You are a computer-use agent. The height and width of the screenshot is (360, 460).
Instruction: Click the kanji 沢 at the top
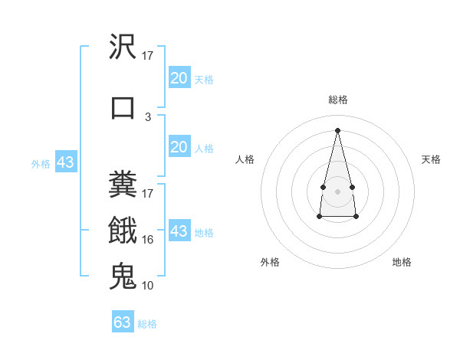point(123,48)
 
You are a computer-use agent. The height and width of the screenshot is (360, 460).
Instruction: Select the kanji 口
point(123,106)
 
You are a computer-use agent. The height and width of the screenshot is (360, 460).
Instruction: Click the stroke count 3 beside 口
point(148,117)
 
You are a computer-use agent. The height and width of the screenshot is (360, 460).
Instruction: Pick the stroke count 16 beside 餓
point(148,240)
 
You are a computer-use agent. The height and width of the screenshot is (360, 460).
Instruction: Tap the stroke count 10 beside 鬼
point(148,286)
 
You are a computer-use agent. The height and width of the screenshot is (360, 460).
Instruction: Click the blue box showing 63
point(123,322)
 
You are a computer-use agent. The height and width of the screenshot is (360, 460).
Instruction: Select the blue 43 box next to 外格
point(65,162)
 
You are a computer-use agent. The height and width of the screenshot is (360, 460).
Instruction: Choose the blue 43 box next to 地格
point(179,231)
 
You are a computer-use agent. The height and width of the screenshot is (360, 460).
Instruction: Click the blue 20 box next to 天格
point(179,78)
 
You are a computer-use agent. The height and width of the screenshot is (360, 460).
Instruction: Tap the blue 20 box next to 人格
point(179,147)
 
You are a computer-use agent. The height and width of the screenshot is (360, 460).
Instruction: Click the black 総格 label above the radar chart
point(337,100)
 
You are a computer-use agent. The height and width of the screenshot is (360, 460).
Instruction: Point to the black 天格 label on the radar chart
point(431,159)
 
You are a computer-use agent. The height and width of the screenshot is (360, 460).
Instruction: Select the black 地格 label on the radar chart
point(402,262)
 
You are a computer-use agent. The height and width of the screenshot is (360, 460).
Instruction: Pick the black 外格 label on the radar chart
point(270,262)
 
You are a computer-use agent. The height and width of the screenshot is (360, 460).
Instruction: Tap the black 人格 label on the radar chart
point(245,159)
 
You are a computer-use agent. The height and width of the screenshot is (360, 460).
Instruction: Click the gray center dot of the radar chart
point(337,191)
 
